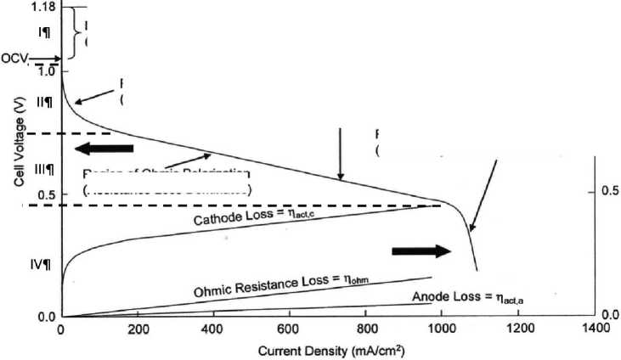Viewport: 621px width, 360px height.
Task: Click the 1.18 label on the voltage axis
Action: (x=42, y=8)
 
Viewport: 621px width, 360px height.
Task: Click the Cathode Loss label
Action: (x=253, y=217)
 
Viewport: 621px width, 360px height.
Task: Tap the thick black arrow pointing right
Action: (x=422, y=250)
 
